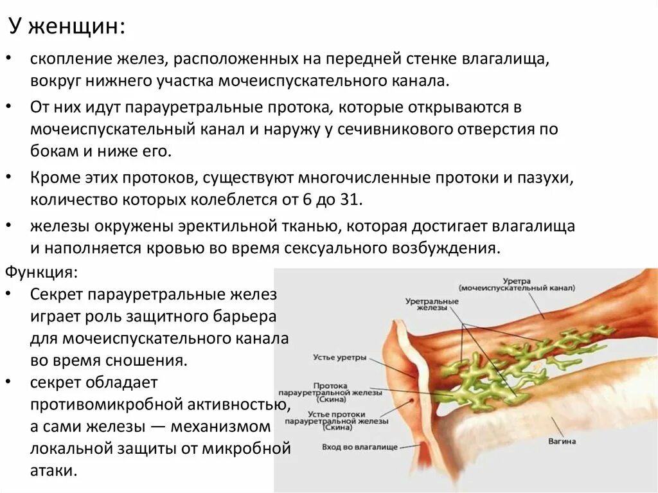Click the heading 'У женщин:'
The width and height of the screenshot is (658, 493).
67,27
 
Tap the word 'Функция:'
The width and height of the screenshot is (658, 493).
42,271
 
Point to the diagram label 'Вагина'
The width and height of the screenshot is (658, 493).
563,442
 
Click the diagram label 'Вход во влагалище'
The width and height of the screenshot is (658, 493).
360,446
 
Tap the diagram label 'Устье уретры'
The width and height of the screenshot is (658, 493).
340,357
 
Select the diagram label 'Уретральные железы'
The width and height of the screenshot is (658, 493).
432,304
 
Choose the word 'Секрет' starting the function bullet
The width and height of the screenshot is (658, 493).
57,295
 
